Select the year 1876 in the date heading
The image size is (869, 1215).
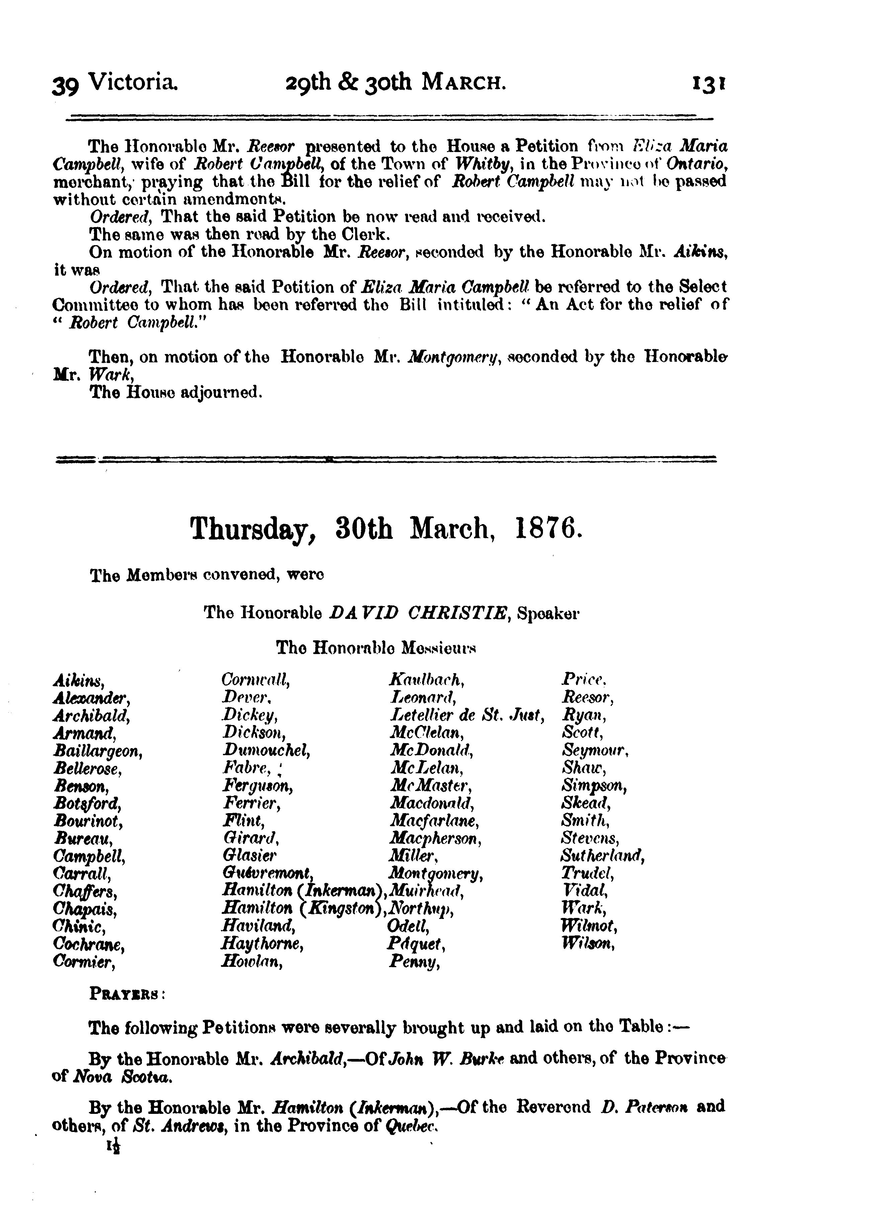click(x=547, y=528)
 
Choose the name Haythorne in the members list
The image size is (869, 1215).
click(x=262, y=944)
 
